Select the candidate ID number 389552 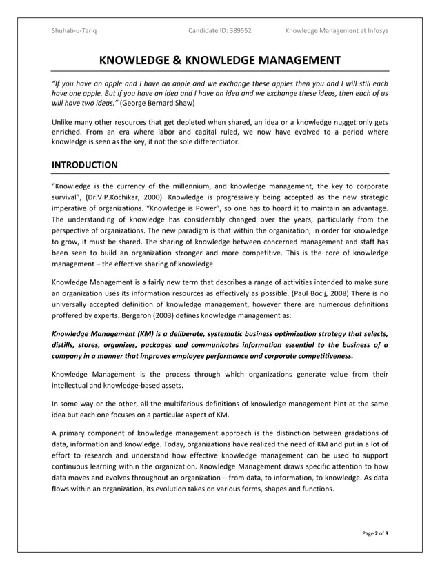(237, 30)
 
